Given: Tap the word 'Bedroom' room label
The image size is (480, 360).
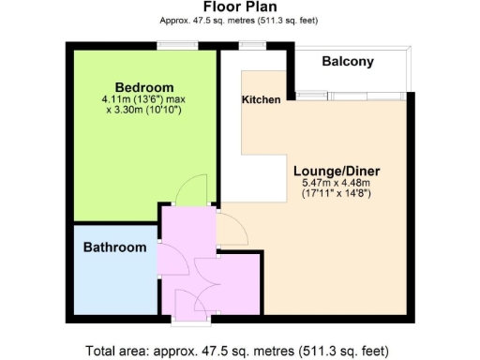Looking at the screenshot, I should tap(138, 87).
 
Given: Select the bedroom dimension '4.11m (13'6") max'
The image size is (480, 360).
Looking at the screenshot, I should tap(138, 99).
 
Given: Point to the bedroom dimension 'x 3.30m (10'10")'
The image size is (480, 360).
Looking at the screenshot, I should tap(138, 111).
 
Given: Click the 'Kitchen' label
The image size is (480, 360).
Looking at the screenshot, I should tap(261, 99).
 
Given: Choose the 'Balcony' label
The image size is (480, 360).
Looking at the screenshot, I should tap(348, 62).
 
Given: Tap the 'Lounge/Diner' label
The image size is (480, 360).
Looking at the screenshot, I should tap(337, 171).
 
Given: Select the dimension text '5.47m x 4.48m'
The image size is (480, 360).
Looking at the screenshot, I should tap(337, 183).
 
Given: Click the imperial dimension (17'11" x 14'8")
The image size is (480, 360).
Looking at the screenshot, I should tap(337, 194).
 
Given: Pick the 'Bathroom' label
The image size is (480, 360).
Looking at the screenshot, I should tap(114, 247).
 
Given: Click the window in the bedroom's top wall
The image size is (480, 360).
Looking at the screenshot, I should tap(171, 44).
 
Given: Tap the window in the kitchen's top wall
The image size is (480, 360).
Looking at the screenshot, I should tap(250, 44).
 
